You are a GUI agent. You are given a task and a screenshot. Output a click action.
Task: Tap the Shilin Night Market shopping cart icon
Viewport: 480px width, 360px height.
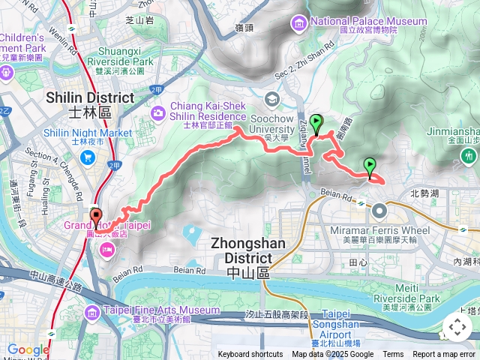[x=88, y=157]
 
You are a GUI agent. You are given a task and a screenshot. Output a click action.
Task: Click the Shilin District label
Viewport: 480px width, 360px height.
[x=89, y=103]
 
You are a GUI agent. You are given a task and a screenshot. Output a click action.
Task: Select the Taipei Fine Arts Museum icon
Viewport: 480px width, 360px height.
[x=91, y=312]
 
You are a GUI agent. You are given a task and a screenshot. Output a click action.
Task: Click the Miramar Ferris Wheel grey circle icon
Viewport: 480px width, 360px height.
[x=379, y=210]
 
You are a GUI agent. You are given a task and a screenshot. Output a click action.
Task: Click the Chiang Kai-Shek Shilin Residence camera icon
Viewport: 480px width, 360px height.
[x=158, y=112]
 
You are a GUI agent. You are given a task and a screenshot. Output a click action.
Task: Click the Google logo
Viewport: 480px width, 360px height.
[x=28, y=349]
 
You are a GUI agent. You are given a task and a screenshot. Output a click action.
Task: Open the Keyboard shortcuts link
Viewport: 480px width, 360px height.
[x=250, y=355]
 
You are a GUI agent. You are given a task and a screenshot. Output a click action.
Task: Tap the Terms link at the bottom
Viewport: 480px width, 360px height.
[x=393, y=355]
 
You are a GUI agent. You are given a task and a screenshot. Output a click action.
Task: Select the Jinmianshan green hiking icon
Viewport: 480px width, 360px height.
[x=469, y=156]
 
